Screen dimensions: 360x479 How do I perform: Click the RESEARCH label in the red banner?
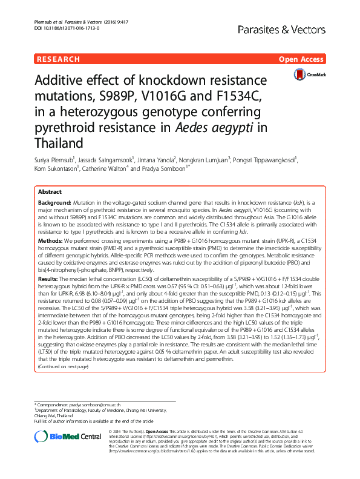pyautogui.click(x=58, y=59)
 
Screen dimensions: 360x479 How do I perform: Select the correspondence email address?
pyautogui.click(x=94, y=404)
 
